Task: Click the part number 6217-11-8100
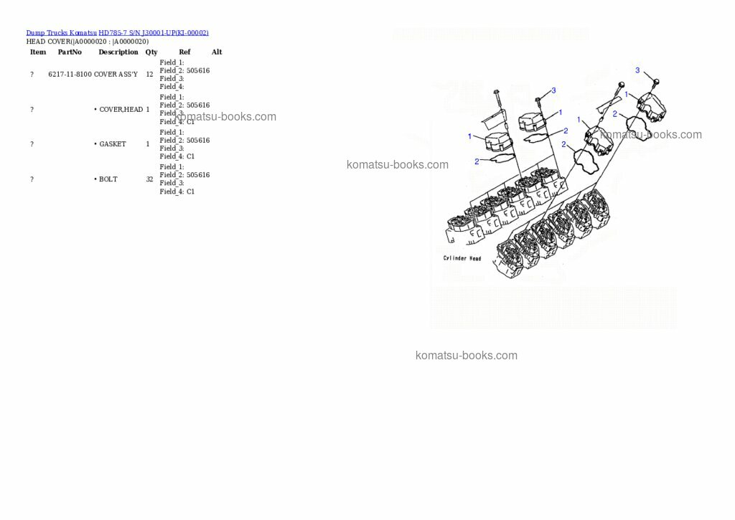point(70,75)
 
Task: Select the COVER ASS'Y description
point(116,75)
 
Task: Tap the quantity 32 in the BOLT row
point(149,179)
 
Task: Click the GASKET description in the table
point(112,144)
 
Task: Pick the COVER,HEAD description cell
point(121,110)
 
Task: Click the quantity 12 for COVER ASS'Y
point(149,75)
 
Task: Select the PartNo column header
point(70,52)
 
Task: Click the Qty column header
point(151,52)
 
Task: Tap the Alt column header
point(216,52)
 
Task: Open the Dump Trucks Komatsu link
point(61,33)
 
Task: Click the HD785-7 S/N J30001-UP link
point(153,33)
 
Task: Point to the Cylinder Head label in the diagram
point(462,258)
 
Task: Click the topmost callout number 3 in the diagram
point(637,70)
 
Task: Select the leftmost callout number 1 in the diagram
point(470,136)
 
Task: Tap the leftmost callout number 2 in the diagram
point(476,161)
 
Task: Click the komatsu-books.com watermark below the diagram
point(466,356)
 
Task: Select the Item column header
point(38,52)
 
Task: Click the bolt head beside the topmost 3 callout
point(655,82)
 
